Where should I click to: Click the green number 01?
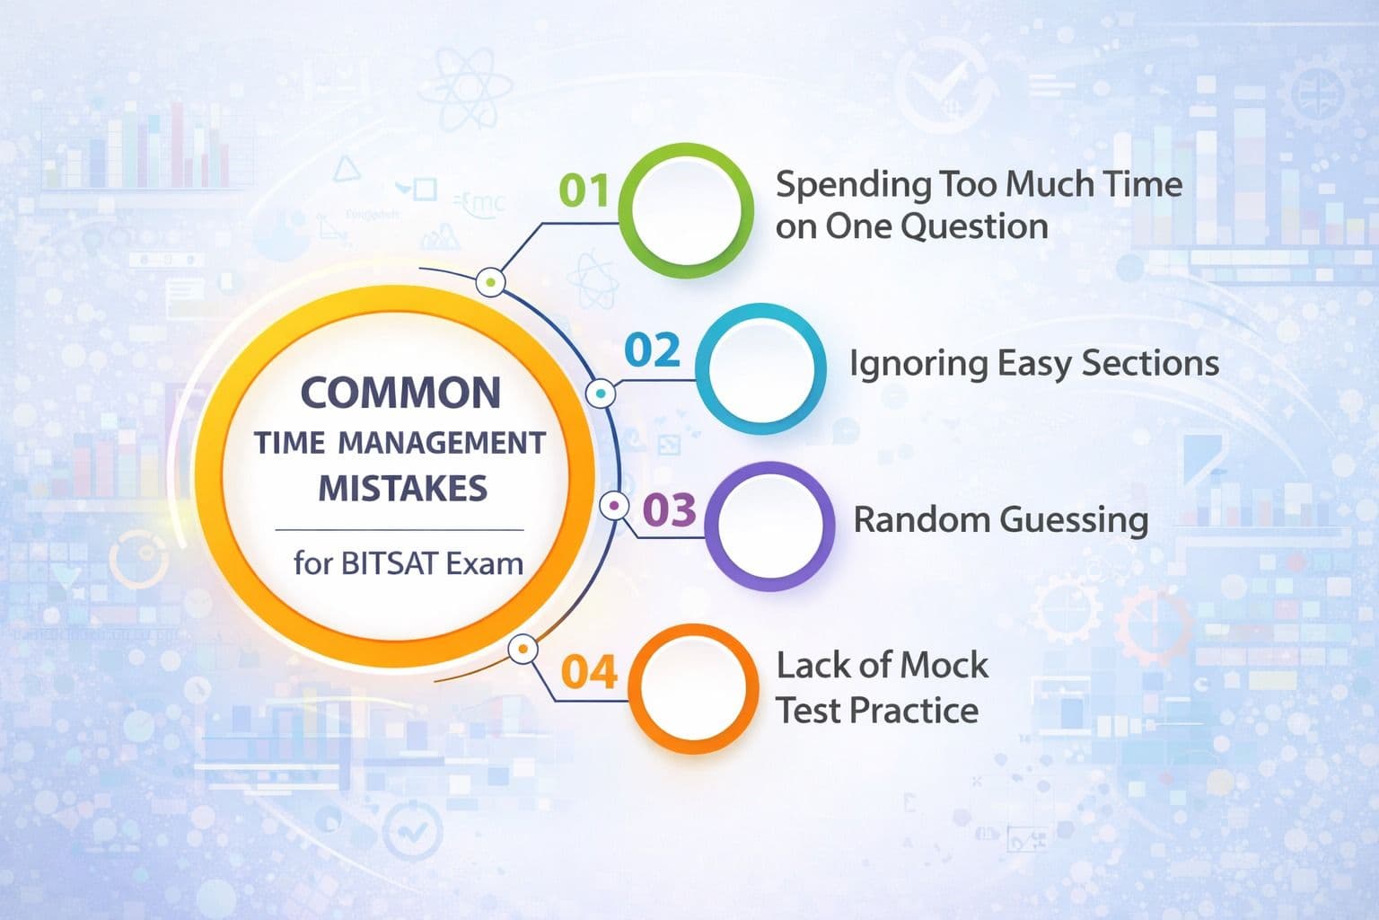(584, 190)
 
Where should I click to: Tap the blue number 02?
(652, 350)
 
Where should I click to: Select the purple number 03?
(670, 510)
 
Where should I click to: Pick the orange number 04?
(589, 672)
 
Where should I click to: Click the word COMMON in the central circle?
(400, 394)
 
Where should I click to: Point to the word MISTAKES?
(403, 489)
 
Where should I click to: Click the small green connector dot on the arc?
(489, 282)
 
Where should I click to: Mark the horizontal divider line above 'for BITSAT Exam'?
(399, 530)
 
